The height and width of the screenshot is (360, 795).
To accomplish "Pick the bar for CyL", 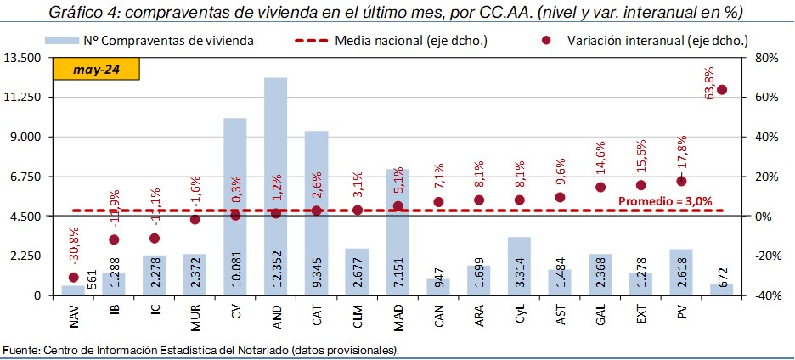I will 519,266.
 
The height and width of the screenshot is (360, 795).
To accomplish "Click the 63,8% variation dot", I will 722,90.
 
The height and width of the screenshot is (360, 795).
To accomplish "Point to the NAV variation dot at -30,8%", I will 73,278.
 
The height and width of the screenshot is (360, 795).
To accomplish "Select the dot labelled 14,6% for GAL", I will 600,188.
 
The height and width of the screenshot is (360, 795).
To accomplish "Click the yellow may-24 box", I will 95,70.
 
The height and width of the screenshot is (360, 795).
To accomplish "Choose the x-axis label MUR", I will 195,318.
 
